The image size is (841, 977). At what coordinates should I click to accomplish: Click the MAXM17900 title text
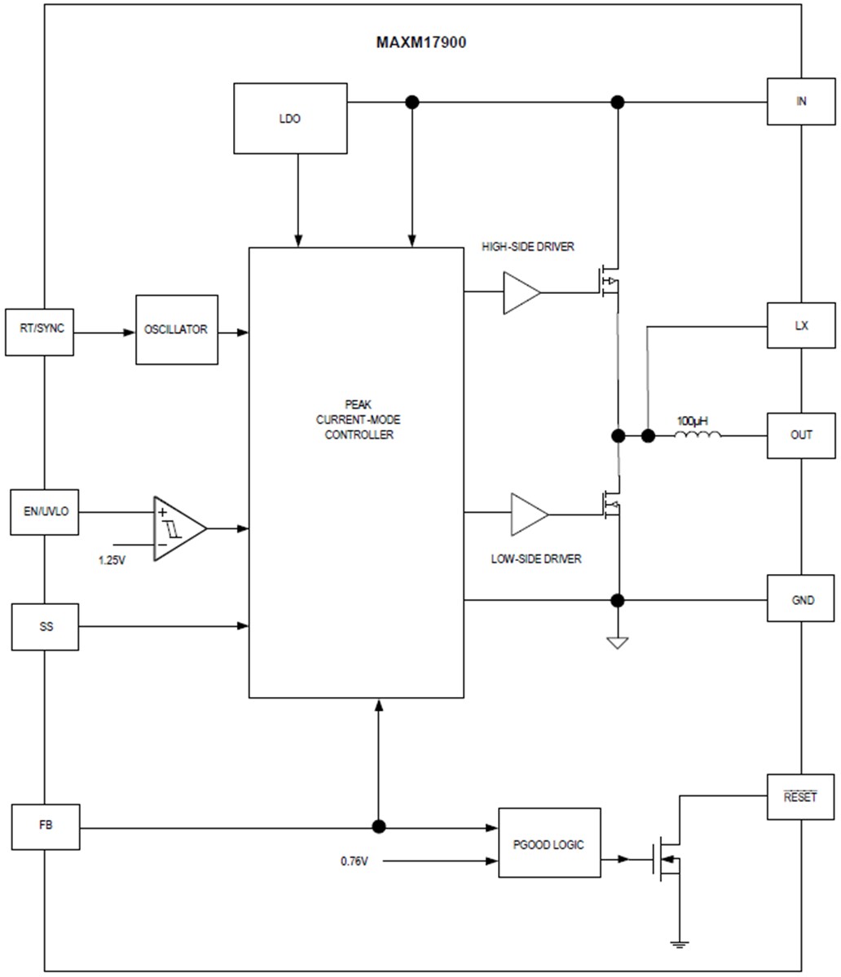(421, 42)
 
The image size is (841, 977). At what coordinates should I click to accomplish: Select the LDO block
(290, 118)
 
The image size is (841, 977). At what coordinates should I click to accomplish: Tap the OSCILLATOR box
(177, 330)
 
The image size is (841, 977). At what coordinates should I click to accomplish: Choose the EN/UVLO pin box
(45, 512)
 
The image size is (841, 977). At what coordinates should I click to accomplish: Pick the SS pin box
(45, 627)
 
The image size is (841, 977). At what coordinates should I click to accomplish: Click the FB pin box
(46, 826)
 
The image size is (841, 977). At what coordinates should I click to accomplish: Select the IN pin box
(800, 102)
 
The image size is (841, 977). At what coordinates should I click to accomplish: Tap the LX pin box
(800, 326)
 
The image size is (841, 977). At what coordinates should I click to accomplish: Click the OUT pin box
(800, 435)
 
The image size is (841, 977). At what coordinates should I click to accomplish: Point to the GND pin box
(800, 600)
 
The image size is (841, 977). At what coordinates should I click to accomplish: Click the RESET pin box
(800, 796)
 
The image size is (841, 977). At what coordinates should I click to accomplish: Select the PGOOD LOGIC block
(549, 843)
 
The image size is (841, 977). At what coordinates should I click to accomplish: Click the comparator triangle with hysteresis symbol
(178, 528)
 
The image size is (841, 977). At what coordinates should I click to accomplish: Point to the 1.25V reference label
(112, 561)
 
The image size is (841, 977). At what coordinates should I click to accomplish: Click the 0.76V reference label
(354, 861)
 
